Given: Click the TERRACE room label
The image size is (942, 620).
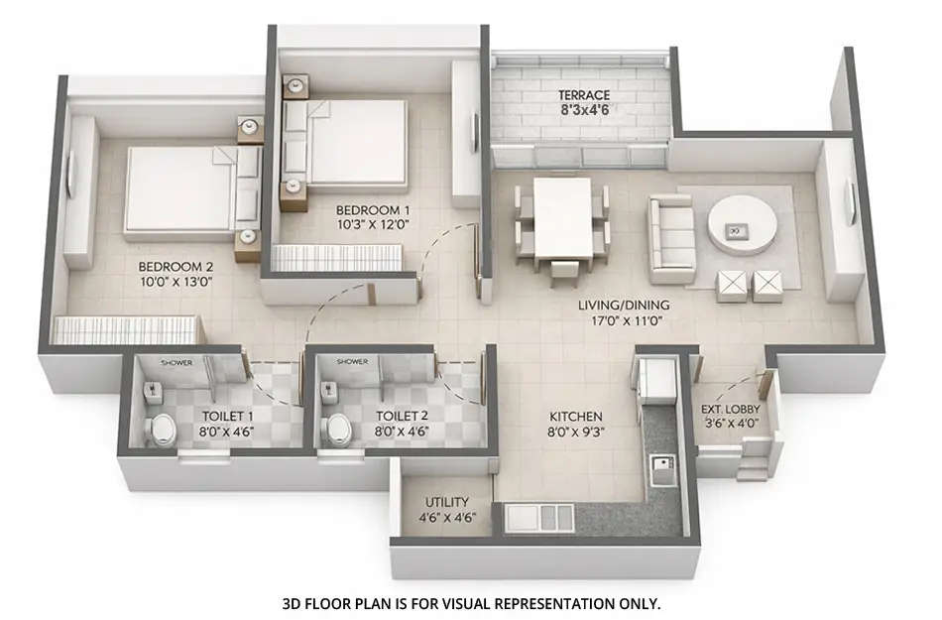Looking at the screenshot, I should (583, 95).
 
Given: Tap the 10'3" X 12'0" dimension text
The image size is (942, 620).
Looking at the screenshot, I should (372, 226).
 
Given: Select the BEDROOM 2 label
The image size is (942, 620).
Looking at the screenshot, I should (176, 267).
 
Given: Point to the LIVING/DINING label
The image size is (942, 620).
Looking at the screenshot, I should (624, 305).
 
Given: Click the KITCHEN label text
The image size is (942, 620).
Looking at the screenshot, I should (577, 417).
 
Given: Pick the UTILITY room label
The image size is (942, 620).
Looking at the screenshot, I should (446, 503).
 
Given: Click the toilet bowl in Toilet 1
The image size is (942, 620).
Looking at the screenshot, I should (161, 429).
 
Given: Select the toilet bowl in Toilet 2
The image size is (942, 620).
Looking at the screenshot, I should (338, 429).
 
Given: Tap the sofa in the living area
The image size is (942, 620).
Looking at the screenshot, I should (671, 238).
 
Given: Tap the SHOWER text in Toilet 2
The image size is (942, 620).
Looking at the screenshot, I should (353, 362).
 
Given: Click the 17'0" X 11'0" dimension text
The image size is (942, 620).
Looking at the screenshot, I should (624, 321).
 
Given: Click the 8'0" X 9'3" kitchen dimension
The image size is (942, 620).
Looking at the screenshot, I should (577, 433).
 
